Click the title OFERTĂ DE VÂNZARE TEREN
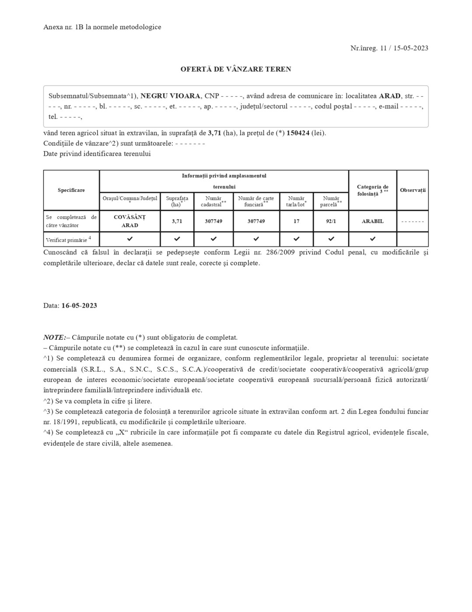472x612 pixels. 236,69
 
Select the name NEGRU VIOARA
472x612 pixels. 170,96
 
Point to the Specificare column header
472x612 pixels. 71,190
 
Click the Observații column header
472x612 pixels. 413,190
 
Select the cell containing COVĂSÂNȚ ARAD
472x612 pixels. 129,221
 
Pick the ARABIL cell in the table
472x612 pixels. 372,221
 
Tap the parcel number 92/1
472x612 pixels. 331,221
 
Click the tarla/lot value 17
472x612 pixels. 296,221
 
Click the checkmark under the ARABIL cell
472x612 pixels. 372,239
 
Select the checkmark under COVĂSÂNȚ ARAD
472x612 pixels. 129,239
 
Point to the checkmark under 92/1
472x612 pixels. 331,239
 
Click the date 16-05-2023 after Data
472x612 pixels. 79,306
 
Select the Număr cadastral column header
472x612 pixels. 213,202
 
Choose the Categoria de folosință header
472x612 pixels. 372,190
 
